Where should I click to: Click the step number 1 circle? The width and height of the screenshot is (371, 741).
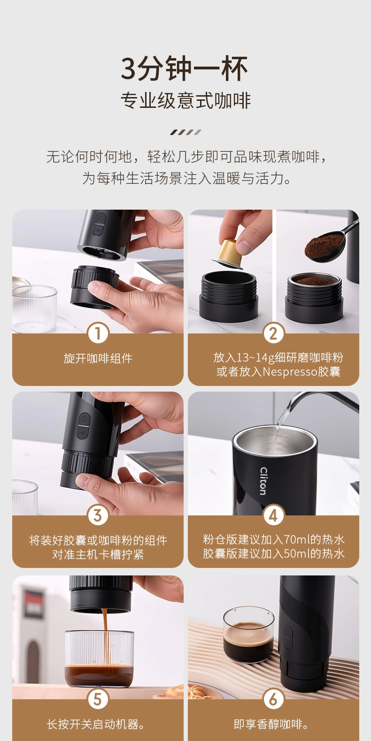[98, 333]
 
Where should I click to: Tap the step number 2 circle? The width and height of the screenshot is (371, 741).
[274, 333]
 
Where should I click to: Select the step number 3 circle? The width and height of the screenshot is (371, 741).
[98, 515]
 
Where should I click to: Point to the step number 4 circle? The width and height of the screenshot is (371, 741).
[274, 515]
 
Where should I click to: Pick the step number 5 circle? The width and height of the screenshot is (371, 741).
[98, 699]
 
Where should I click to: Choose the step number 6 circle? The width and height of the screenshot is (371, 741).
[274, 699]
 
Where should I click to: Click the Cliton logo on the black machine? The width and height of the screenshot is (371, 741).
[263, 481]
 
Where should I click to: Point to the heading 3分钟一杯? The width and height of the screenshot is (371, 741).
[185, 69]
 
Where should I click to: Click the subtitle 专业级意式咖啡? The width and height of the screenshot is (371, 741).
[185, 100]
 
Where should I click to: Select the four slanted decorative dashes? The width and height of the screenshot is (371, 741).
[185, 132]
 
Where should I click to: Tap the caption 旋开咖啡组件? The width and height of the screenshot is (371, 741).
[98, 358]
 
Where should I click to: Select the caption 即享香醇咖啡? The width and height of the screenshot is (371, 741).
[271, 725]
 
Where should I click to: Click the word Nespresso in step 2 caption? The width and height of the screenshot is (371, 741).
[290, 372]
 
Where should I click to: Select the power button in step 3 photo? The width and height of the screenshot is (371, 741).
[85, 418]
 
